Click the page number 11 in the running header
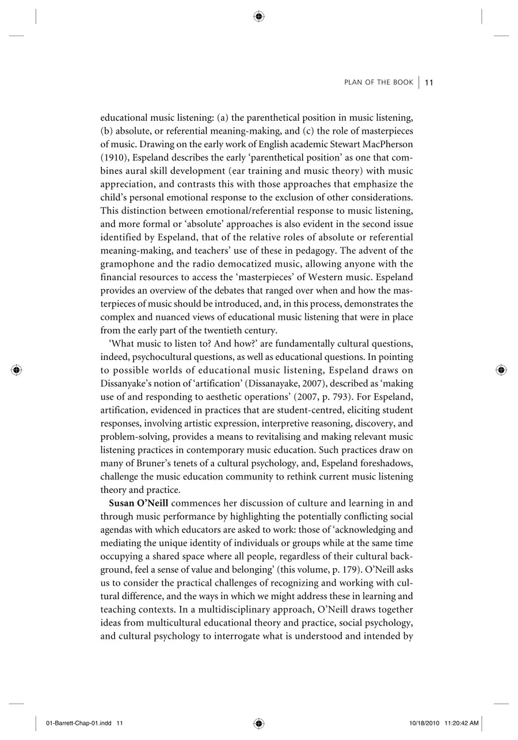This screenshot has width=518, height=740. pyautogui.click(x=429, y=83)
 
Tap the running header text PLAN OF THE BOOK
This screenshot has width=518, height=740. pyautogui.click(x=379, y=83)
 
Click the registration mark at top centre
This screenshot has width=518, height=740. pyautogui.click(x=258, y=17)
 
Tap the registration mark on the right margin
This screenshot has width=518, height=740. pyautogui.click(x=501, y=370)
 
